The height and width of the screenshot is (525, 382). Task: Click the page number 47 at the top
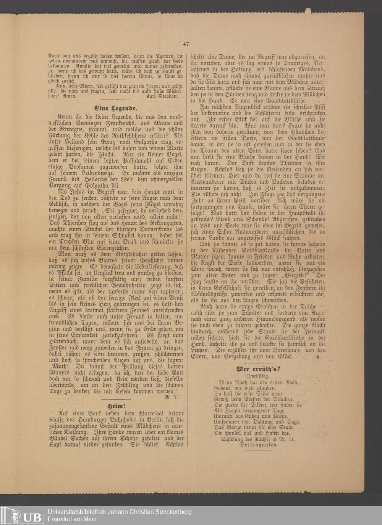pos(186,44)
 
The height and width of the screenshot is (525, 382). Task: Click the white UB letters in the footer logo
pos(34,517)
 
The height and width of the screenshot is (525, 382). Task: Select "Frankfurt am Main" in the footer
pos(72,519)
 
